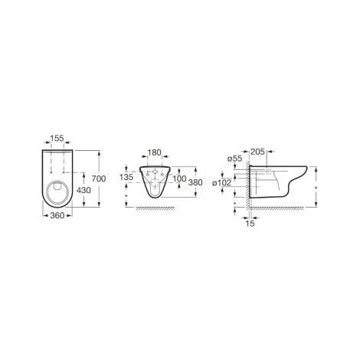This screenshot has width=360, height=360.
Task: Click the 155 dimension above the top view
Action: coord(57,138)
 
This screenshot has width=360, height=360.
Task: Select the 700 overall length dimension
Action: coord(99,178)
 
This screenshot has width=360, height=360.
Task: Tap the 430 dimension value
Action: coord(83,190)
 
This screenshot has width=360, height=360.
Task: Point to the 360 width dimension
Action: coord(57,216)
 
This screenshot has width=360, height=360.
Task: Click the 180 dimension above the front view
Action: coord(154,152)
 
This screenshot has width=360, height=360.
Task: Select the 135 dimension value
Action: coord(126,177)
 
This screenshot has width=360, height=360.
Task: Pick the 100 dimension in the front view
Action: coord(179,178)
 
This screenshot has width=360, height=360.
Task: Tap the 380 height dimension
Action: coord(195,182)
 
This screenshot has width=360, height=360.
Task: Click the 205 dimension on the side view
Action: coord(257,152)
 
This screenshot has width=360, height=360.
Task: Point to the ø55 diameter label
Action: coord(234,159)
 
